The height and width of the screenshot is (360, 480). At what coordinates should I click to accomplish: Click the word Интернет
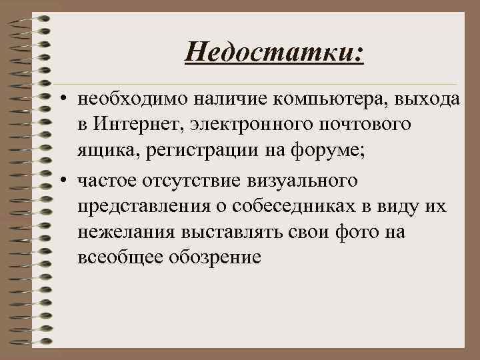coord(137,125)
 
